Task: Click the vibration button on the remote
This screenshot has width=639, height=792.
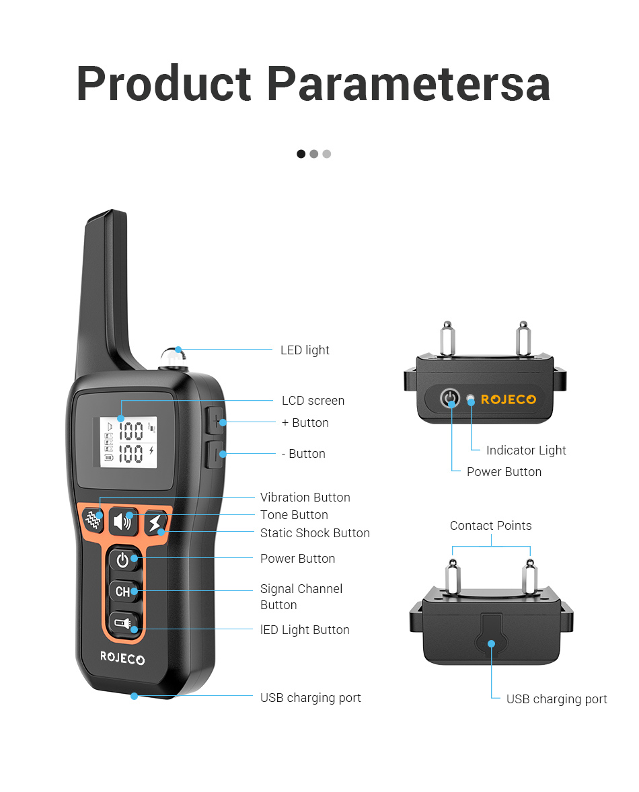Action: point(93,519)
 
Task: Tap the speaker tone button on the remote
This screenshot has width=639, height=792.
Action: point(123,521)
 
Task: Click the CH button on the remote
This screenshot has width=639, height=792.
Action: point(123,591)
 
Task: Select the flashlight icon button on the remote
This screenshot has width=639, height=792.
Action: point(123,625)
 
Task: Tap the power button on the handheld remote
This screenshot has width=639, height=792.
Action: point(123,559)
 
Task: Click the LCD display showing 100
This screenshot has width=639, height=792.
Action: point(128,442)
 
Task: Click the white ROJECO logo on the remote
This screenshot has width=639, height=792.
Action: point(122,658)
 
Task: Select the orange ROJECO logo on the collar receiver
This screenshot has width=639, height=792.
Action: point(508,399)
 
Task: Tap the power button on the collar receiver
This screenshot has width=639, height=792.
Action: point(449,398)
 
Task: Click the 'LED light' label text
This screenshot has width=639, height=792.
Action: point(305,350)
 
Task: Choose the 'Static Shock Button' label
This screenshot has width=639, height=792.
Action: point(315,533)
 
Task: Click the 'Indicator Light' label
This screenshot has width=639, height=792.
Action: point(526,450)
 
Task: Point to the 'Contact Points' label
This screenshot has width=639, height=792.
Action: point(490,525)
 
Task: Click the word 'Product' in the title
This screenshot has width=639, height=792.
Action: point(163,83)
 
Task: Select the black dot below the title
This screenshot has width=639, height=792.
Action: point(301,153)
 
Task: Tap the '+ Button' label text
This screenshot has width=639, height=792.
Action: point(305,423)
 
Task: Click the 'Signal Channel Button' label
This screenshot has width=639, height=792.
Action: point(301,596)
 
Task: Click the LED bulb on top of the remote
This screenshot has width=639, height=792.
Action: point(173,356)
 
